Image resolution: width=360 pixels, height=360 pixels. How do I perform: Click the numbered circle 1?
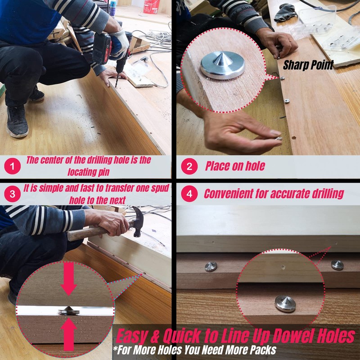13,166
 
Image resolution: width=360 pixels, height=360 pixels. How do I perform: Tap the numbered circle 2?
189,166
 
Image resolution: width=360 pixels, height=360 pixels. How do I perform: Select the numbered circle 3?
13,194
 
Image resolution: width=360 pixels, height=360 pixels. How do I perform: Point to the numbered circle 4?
189,194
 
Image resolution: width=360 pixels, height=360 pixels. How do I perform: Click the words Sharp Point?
308,65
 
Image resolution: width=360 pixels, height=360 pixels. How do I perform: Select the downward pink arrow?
68,279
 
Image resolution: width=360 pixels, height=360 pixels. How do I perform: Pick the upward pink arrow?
68,334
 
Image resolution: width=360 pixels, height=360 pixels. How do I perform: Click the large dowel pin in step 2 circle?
222,65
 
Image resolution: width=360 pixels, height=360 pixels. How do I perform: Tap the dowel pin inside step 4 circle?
285,304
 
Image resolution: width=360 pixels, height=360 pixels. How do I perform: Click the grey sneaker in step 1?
17,121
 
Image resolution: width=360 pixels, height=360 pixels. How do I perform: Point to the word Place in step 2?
216,166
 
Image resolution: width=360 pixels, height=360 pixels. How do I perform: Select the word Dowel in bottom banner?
293,336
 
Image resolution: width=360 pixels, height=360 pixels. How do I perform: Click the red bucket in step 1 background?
152,6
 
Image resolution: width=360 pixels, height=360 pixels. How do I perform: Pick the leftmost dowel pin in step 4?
211,266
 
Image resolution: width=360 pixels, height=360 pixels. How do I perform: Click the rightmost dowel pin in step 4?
337,265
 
